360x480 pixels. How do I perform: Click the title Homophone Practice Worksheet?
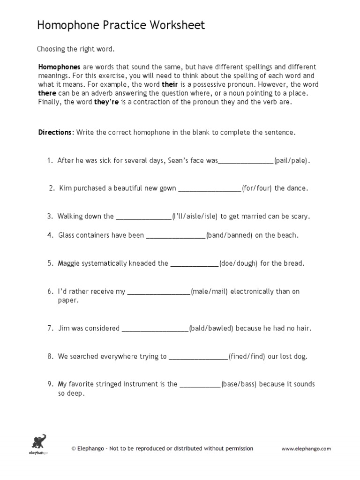click(x=121, y=25)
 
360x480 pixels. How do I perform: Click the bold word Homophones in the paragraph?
click(x=59, y=67)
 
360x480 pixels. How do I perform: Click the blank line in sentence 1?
click(x=246, y=161)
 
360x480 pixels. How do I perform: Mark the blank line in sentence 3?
click(x=143, y=217)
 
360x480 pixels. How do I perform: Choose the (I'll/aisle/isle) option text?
click(x=195, y=217)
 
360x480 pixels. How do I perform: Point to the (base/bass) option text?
click(x=239, y=384)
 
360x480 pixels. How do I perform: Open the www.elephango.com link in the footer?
click(x=306, y=449)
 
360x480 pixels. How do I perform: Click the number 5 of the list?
click(x=49, y=263)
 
